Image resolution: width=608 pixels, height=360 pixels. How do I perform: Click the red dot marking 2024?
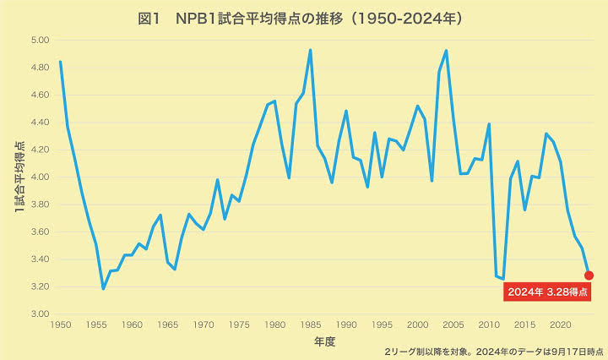(x=589, y=275)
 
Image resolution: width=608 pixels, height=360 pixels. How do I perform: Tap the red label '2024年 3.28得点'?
(x=546, y=292)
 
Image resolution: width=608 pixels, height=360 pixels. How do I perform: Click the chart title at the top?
(x=304, y=18)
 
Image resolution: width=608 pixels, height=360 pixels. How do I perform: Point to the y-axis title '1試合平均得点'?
(x=19, y=177)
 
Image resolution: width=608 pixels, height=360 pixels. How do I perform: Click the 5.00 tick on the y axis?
(x=41, y=41)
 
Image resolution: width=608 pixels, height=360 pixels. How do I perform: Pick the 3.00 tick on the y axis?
(x=41, y=314)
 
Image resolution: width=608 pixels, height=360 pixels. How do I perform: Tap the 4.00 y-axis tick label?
(x=41, y=177)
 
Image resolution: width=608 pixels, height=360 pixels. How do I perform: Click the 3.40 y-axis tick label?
(x=41, y=259)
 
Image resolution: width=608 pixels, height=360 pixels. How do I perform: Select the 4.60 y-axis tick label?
(x=41, y=95)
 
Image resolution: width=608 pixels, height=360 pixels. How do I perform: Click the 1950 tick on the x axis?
(x=61, y=325)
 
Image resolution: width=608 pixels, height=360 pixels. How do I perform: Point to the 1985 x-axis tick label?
(x=310, y=325)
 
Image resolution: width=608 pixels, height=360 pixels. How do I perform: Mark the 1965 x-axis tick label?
(x=167, y=325)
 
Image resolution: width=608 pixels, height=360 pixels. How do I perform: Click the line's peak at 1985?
(x=310, y=50)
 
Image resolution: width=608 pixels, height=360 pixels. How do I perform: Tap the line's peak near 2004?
(x=446, y=51)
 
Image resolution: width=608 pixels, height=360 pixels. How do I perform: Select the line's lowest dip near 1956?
(x=103, y=289)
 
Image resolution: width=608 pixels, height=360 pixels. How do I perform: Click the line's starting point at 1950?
(x=61, y=62)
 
